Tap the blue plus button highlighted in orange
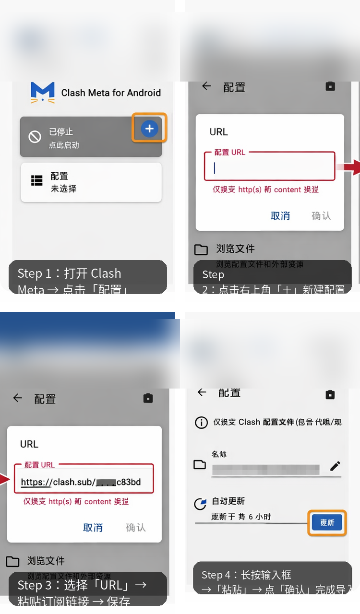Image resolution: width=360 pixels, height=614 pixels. click(x=149, y=128)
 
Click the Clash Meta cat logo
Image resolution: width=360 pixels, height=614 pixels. click(x=42, y=93)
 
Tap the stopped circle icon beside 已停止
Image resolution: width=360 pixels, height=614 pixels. click(x=35, y=137)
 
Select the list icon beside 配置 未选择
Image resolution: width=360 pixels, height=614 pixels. click(x=36, y=180)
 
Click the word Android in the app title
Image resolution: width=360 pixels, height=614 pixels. click(x=143, y=93)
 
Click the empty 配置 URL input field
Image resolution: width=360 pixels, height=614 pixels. click(x=269, y=168)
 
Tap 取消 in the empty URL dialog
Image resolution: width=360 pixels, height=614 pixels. click(x=280, y=216)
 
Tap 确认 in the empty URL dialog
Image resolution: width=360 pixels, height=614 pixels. click(x=321, y=216)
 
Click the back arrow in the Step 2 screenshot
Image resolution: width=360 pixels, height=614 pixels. click(x=206, y=86)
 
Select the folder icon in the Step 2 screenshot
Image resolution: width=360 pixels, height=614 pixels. click(x=201, y=249)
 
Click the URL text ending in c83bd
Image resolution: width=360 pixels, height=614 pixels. click(x=81, y=482)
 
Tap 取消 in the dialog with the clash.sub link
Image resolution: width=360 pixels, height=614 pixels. click(x=93, y=528)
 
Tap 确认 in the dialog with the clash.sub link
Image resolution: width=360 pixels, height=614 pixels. click(x=135, y=528)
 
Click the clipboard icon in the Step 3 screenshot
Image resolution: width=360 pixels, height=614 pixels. click(x=148, y=398)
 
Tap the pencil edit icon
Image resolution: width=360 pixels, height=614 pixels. click(x=335, y=466)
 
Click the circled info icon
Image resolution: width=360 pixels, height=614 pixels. click(x=201, y=422)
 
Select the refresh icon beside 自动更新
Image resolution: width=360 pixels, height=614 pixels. click(x=200, y=504)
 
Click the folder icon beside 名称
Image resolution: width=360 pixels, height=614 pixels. click(x=200, y=464)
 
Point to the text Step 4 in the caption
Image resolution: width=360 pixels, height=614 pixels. click(x=218, y=575)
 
